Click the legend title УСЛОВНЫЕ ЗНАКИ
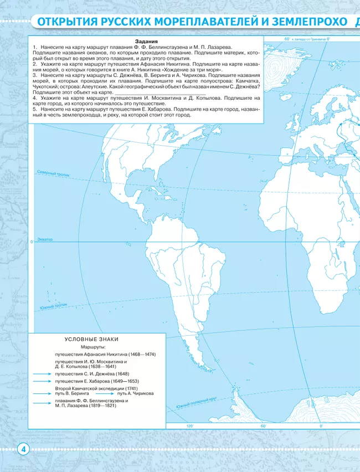(x=91, y=340)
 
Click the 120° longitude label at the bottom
(x=190, y=426)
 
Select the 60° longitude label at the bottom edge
(x=263, y=426)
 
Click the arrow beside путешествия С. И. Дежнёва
(x=40, y=374)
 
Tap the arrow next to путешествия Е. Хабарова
(x=40, y=382)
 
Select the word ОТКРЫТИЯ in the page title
(x=66, y=23)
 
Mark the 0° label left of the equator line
(x=33, y=242)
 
